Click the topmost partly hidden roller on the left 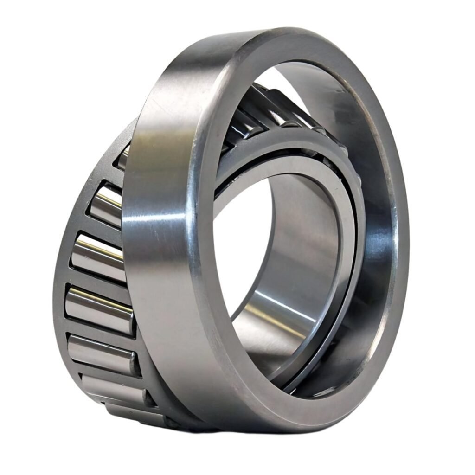tap(123, 158)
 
